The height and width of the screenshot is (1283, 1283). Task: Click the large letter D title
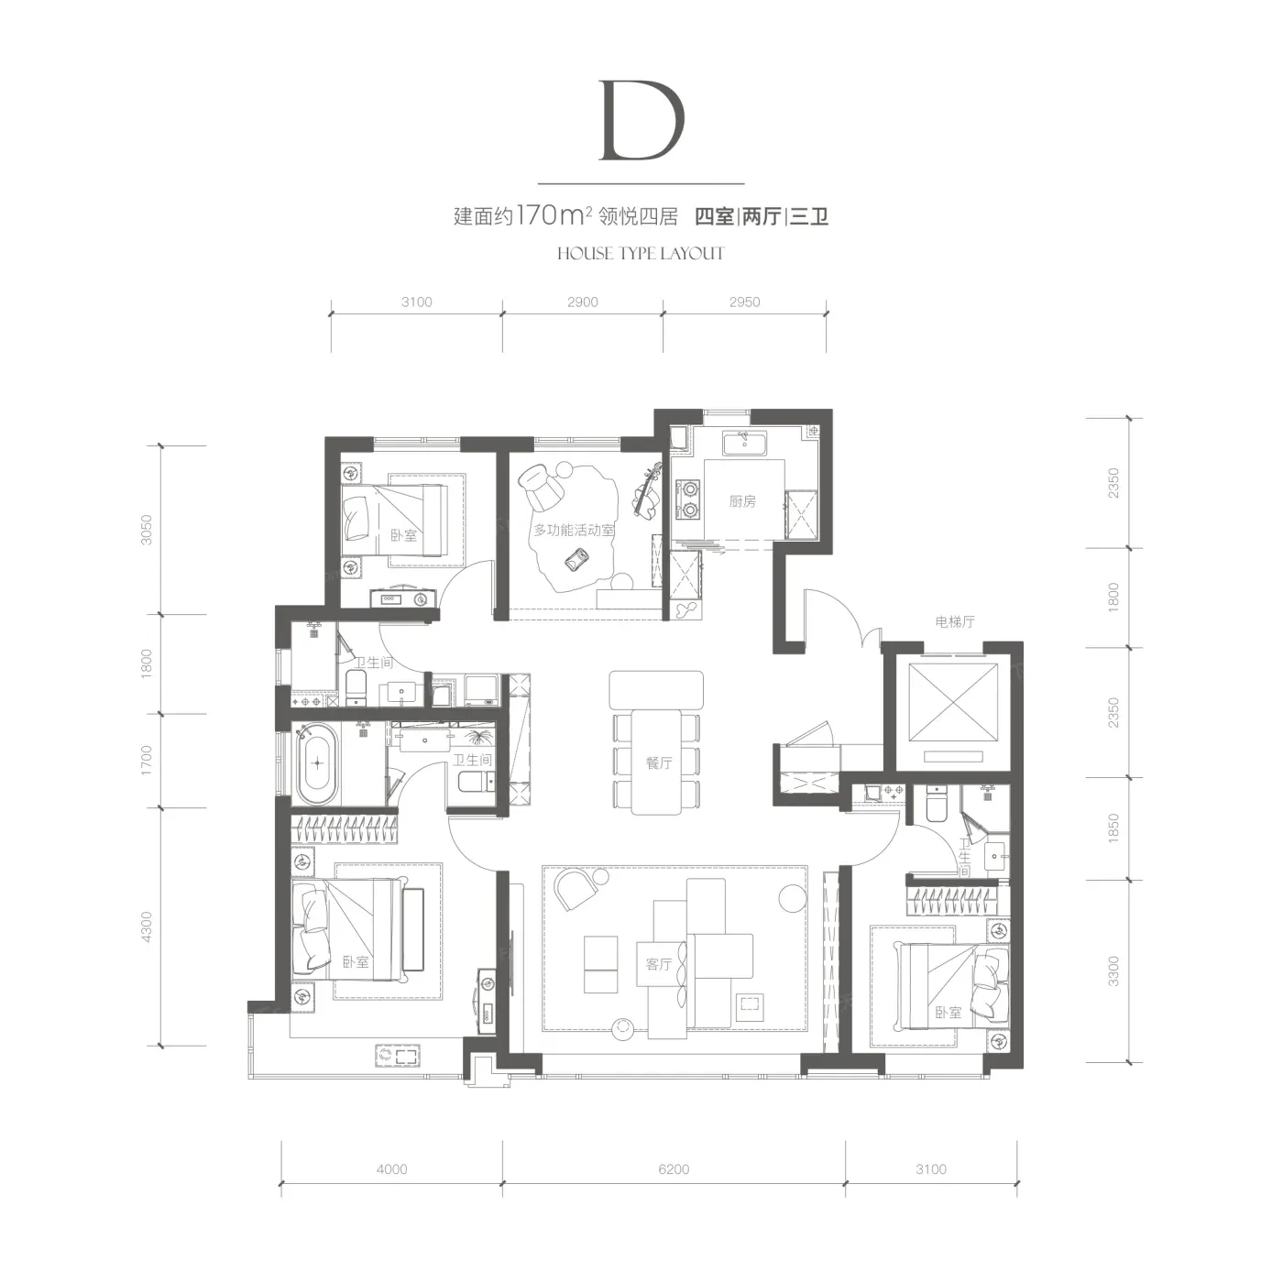point(641,120)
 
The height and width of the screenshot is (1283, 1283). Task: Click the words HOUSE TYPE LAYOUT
point(641,253)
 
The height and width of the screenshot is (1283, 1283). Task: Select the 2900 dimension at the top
point(583,302)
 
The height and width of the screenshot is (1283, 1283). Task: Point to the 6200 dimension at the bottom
point(674,1169)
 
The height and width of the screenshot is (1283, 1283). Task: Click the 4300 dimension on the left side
point(147,927)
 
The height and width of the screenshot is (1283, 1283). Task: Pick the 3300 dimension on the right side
point(1113,970)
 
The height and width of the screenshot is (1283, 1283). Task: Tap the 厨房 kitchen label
point(742,501)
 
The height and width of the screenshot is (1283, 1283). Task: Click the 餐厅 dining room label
point(659,763)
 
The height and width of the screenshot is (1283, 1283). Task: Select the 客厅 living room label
point(659,963)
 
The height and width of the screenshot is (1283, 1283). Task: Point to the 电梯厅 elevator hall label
point(955,622)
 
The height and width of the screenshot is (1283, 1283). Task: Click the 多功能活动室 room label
point(574,530)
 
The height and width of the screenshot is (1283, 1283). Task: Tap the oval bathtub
point(318,763)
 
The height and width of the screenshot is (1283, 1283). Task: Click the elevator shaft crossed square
point(953,702)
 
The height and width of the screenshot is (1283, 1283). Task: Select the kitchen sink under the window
point(744,443)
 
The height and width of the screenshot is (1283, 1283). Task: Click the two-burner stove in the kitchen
point(687,500)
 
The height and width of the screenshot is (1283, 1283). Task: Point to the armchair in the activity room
point(540,485)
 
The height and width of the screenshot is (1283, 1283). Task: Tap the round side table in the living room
point(793,898)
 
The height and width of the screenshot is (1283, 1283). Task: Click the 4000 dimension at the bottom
point(391,1169)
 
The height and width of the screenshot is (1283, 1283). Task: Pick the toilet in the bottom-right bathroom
point(937,805)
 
